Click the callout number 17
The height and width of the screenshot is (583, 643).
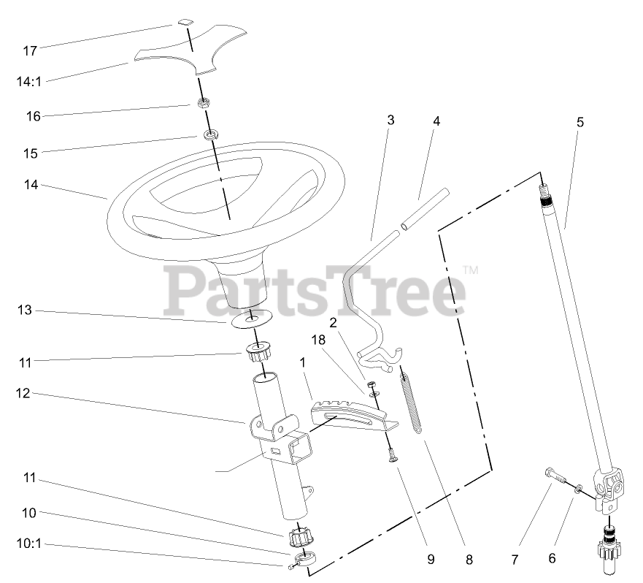click(x=30, y=51)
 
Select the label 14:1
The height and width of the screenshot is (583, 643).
click(x=29, y=80)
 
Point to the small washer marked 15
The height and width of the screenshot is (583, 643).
click(x=212, y=135)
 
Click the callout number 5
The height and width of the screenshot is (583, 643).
click(x=580, y=122)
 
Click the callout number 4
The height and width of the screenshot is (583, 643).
click(x=436, y=121)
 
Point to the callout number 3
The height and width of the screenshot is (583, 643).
click(x=390, y=121)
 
